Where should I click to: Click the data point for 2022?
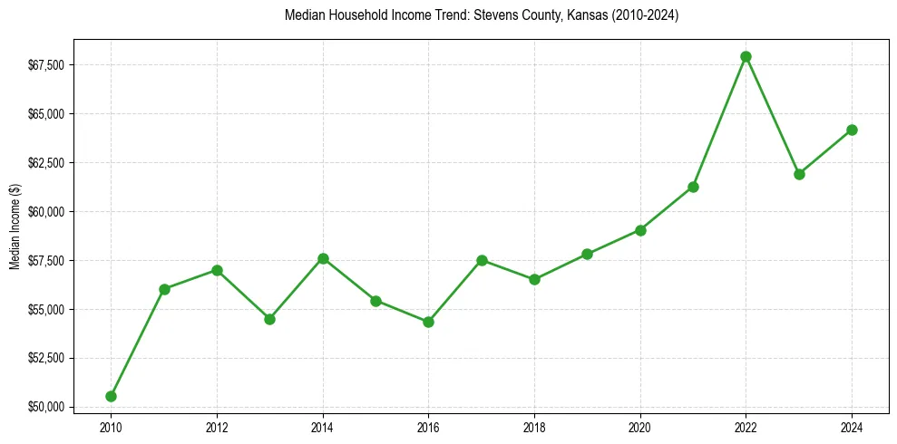tap(746, 56)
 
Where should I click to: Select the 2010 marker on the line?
tap(111, 396)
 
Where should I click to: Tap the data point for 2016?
tap(428, 322)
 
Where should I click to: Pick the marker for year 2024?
tap(852, 130)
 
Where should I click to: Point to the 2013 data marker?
tap(269, 319)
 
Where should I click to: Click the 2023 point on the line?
tap(799, 174)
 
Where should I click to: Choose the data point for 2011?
tap(164, 289)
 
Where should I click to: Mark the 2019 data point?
tap(587, 254)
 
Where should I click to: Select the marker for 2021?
tap(693, 187)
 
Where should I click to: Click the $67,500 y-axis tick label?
tap(45, 65)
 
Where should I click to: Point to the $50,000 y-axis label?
tap(45, 407)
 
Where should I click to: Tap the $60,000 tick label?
tap(45, 212)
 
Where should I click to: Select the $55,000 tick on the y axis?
tap(45, 310)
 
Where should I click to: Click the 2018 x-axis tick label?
tap(534, 426)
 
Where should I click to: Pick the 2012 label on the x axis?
tap(217, 426)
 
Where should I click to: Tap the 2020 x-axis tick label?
tap(640, 426)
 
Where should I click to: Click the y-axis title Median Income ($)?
tap(15, 226)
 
